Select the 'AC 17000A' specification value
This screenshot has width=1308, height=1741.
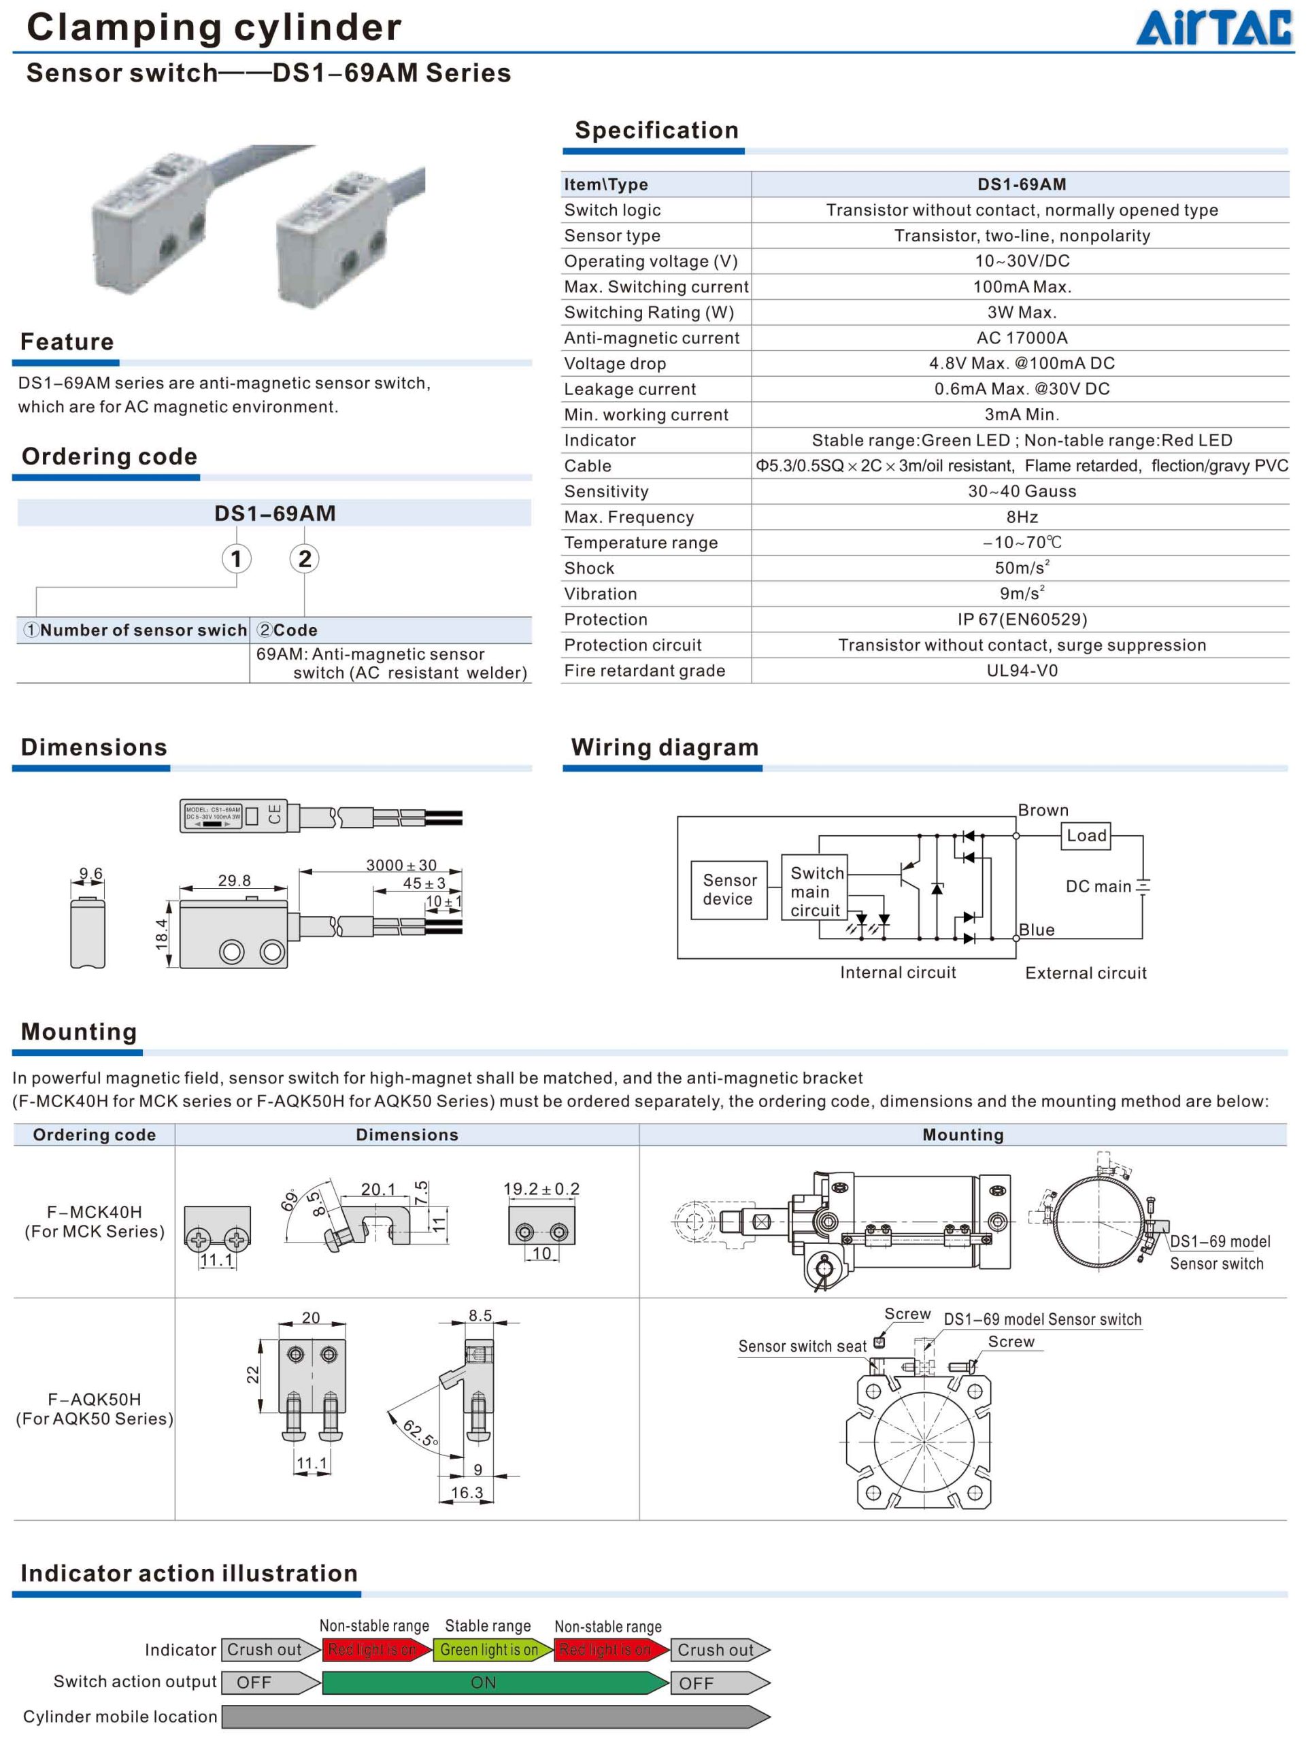point(1022,337)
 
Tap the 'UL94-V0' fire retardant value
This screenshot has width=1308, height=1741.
point(1022,671)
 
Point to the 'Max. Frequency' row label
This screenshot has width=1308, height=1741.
point(628,517)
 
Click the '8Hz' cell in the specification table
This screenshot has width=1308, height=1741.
point(1022,517)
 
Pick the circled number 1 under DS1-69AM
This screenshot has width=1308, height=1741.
point(236,559)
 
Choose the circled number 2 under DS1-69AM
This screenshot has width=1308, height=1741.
point(305,559)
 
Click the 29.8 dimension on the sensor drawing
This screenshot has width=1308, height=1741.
point(234,881)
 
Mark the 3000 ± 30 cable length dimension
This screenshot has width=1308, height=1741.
point(401,865)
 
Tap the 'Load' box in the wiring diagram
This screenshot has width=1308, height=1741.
point(1086,836)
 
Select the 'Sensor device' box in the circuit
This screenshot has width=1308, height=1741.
point(728,890)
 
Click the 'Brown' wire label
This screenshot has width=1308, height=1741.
point(1043,810)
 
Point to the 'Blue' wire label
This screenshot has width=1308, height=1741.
point(1037,930)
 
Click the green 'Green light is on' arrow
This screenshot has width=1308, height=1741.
point(490,1650)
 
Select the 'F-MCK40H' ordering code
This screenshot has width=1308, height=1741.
point(95,1212)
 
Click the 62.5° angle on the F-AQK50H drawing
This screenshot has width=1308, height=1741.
point(420,1434)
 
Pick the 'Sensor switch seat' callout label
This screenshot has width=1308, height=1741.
point(802,1347)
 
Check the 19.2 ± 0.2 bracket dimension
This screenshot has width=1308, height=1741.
point(541,1189)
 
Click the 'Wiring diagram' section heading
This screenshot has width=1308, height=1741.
point(665,747)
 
